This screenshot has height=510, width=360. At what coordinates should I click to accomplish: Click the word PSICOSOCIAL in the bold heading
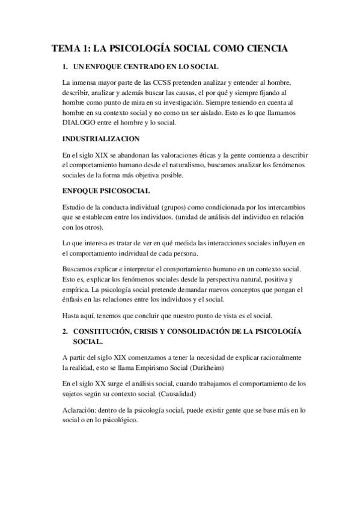pyautogui.click(x=126, y=191)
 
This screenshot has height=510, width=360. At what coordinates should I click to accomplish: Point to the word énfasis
pyautogui.click(x=75, y=299)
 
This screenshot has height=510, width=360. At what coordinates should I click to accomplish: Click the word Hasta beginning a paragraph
pyautogui.click(x=73, y=315)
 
